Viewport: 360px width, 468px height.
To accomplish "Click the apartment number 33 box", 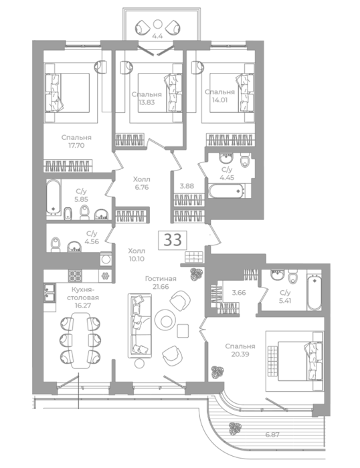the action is [x=173, y=239].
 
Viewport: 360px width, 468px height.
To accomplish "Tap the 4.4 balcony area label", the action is [x=157, y=36].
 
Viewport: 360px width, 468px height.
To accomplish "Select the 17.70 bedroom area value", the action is [x=76, y=145].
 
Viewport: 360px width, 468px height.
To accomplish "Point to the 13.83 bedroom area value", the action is [x=147, y=102].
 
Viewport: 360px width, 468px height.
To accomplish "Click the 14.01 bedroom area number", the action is [x=219, y=100].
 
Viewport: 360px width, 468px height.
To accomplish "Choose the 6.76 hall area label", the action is [x=142, y=187].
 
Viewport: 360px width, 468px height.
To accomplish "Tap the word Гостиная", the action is [x=161, y=279].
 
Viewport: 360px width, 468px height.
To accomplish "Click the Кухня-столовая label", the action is [x=83, y=294].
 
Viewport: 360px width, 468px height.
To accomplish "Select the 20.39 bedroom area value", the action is [x=240, y=354].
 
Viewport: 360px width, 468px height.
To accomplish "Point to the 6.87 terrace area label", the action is [x=272, y=435].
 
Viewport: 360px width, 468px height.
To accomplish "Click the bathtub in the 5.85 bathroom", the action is [x=54, y=197].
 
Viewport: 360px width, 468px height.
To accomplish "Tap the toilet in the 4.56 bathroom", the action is [x=56, y=244].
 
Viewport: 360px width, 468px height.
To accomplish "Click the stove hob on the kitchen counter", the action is [x=75, y=276].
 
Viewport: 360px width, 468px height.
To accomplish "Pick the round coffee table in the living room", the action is [x=165, y=320].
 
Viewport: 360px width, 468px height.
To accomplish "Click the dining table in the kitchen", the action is [x=81, y=340].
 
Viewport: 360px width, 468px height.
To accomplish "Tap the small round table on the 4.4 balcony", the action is [x=157, y=23].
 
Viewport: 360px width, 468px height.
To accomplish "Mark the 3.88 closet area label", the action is [x=187, y=186].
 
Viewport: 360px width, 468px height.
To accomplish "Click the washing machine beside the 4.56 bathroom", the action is [x=106, y=259].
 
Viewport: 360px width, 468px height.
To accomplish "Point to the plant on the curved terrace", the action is [x=235, y=429].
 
